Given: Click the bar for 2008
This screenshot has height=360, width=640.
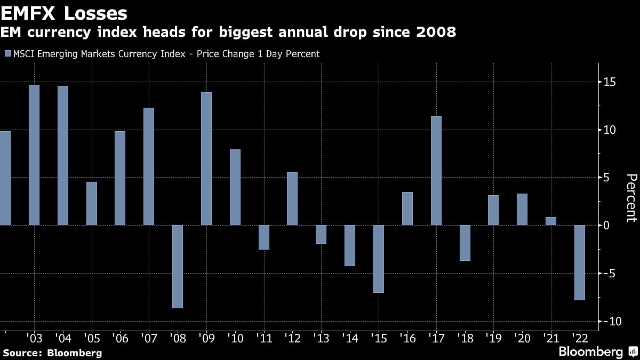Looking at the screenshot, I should coord(178,266).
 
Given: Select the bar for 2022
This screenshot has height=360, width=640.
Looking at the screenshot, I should coord(579,262).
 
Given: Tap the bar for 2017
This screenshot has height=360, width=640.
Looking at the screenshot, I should coord(436,171).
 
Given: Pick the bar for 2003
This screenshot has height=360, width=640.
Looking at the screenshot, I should coord(34,155).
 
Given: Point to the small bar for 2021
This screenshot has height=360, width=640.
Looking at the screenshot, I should coord(551,221).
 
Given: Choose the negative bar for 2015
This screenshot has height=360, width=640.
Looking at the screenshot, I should coord(379,259).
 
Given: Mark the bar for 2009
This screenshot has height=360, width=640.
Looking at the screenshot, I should coord(206,158).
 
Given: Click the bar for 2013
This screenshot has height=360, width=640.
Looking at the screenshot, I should coord(321,234).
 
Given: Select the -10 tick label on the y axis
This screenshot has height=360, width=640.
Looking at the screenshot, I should coord(608,322).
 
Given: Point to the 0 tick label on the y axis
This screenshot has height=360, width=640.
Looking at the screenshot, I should coord(607,226).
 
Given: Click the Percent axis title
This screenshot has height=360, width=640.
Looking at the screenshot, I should coord(631,197).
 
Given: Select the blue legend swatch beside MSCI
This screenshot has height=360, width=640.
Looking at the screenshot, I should coord(7,54).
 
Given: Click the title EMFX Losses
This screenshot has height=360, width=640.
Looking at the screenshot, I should coord(65,13).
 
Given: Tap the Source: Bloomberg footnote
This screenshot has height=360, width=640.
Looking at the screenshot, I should coord(52,353).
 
